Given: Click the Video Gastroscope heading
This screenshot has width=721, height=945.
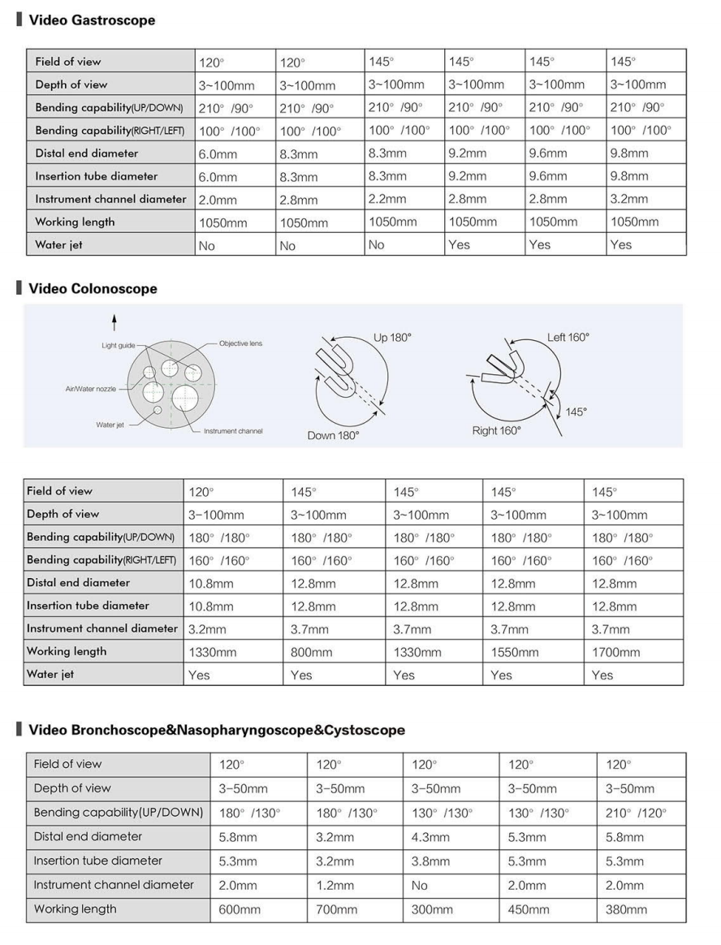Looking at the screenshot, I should [x=92, y=20].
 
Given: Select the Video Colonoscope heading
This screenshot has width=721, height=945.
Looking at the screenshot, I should [x=93, y=288].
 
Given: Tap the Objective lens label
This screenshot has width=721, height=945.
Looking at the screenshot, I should [x=240, y=343].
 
